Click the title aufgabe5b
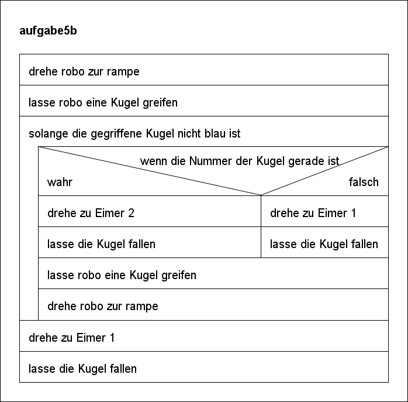[48, 31]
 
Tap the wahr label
[60, 182]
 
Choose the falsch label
[364, 182]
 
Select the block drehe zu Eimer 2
[150, 211]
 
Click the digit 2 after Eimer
[131, 213]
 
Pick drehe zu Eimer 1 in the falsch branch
[325, 211]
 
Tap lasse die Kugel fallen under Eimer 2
[150, 242]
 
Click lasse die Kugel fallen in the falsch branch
[325, 242]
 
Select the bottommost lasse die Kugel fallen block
[204, 367]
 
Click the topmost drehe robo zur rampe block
[204, 70]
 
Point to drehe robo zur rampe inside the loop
[213, 304]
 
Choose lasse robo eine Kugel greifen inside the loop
[213, 273]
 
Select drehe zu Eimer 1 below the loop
[204, 336]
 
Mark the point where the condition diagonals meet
[261, 195]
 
